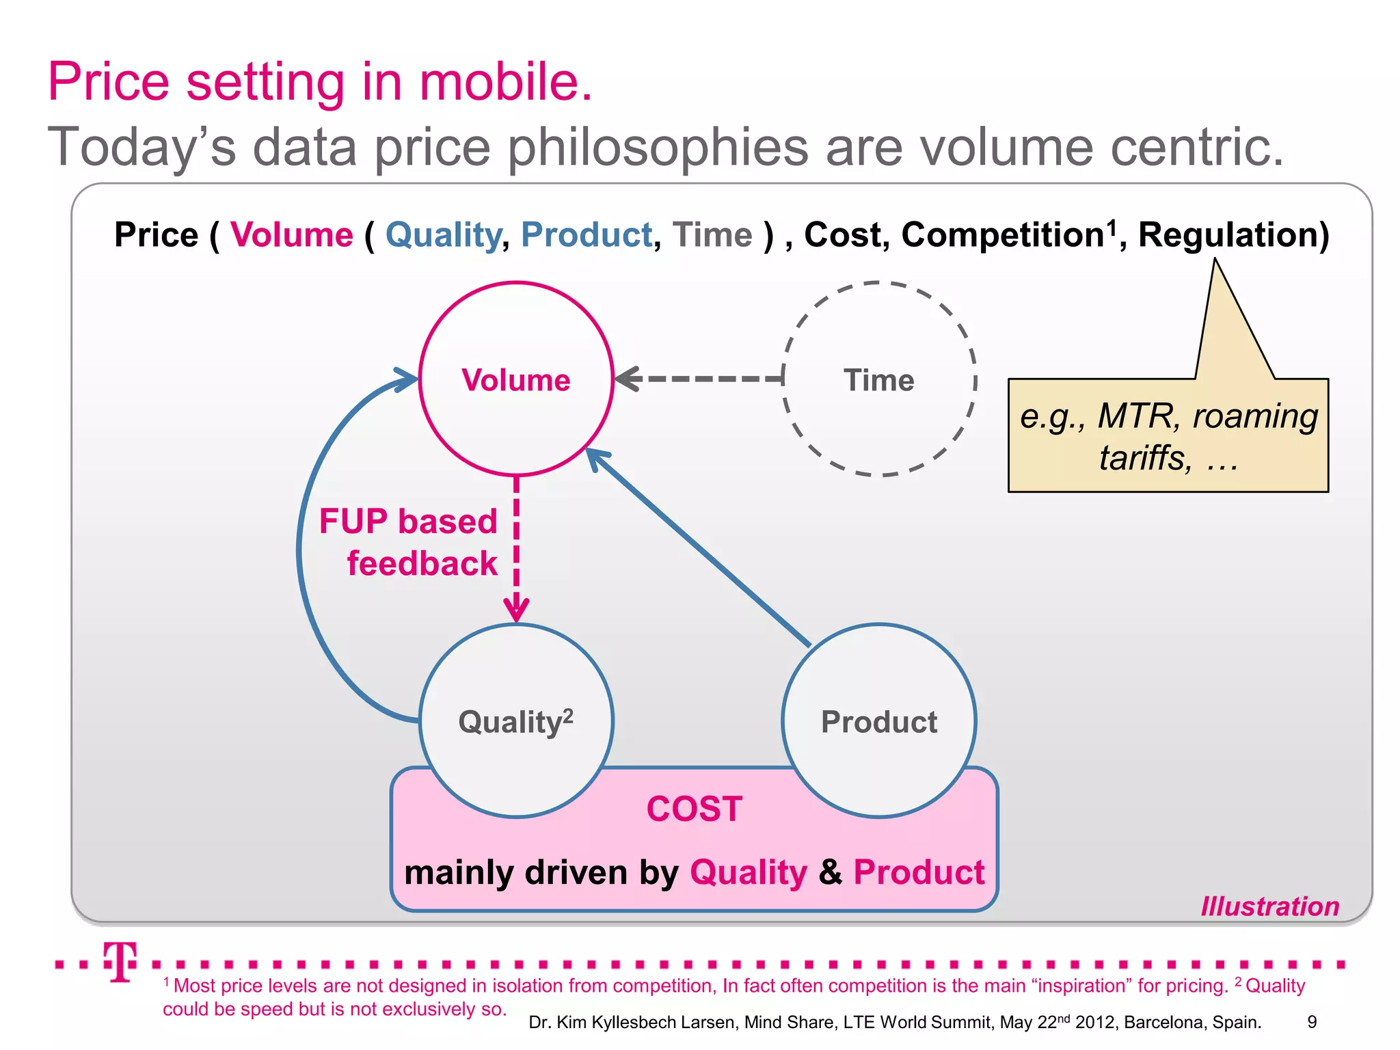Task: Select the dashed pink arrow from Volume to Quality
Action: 516,547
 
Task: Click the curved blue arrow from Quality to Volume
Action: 301,547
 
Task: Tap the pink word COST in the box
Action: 695,809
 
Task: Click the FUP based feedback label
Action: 409,542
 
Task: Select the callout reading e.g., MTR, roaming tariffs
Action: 1168,435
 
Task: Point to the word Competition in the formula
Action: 1001,235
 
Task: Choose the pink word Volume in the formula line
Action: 292,235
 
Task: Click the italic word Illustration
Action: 1269,906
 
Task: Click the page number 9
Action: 1312,1022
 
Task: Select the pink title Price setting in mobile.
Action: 320,82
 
